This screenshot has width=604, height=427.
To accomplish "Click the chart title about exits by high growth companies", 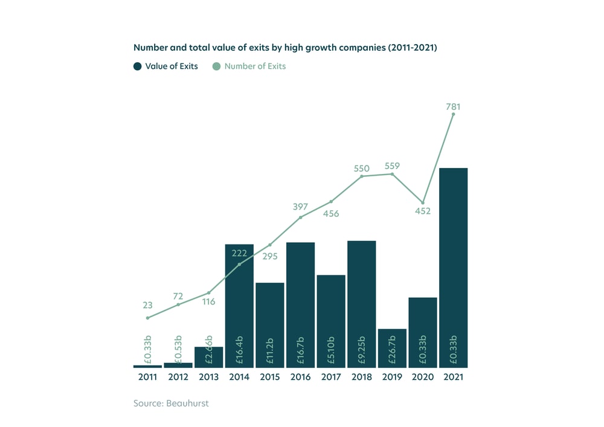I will (x=284, y=47).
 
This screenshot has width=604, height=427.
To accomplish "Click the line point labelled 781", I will (x=453, y=114).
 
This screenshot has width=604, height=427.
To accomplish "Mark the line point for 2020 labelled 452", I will (x=423, y=202).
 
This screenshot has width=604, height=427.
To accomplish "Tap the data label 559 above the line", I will (x=392, y=165).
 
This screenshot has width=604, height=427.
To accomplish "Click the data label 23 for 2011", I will (x=148, y=306).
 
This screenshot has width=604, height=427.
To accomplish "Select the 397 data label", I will (x=300, y=207).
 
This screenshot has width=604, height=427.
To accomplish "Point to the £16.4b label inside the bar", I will (x=240, y=351).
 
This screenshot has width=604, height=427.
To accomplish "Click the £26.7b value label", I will (x=392, y=351).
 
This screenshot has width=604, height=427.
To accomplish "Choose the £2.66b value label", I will (x=209, y=350).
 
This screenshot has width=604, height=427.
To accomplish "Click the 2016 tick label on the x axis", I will (x=300, y=377).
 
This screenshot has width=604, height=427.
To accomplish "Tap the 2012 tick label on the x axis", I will (x=178, y=377).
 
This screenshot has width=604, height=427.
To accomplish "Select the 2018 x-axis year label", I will (x=361, y=377).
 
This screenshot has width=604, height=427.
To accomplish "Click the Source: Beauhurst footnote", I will (x=171, y=403).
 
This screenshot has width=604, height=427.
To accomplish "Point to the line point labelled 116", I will (x=209, y=293).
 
